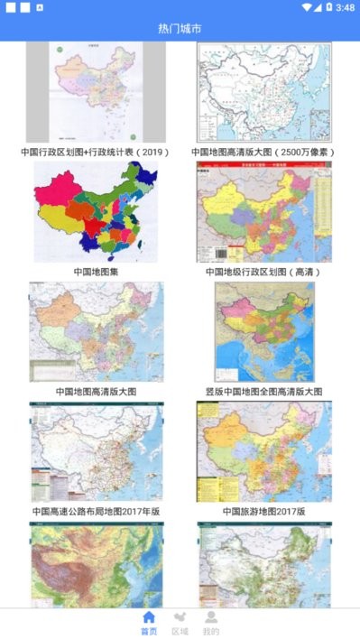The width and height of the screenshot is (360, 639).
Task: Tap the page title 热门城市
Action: click(x=180, y=29)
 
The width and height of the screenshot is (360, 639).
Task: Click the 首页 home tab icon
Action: click(x=149, y=617)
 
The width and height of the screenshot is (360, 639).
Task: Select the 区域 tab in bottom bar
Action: click(x=180, y=617)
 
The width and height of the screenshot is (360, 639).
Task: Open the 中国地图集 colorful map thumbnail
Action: click(x=96, y=212)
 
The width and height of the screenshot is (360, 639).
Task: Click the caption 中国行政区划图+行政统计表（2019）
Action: click(x=96, y=153)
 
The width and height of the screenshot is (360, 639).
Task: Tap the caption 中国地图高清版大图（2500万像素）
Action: click(x=263, y=153)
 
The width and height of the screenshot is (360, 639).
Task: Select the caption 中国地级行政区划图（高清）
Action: click(x=263, y=271)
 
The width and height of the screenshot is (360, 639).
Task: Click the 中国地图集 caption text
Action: click(x=96, y=271)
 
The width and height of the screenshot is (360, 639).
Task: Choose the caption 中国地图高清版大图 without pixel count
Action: click(x=96, y=392)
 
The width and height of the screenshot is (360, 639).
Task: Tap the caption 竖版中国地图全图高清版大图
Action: click(x=263, y=392)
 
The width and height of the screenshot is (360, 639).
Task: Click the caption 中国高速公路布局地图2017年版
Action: click(x=96, y=511)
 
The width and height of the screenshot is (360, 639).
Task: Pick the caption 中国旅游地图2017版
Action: click(x=263, y=511)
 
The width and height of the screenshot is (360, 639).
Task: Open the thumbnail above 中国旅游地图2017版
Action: click(x=263, y=452)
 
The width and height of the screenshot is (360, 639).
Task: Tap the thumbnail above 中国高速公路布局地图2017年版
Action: click(x=96, y=452)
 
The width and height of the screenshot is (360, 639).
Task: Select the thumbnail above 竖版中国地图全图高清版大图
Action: click(x=263, y=332)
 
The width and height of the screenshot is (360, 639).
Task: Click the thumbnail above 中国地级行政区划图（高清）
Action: click(x=263, y=212)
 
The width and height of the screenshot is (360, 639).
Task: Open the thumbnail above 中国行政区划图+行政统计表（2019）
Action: click(x=96, y=92)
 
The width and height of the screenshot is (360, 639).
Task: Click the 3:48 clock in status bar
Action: click(x=345, y=7)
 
